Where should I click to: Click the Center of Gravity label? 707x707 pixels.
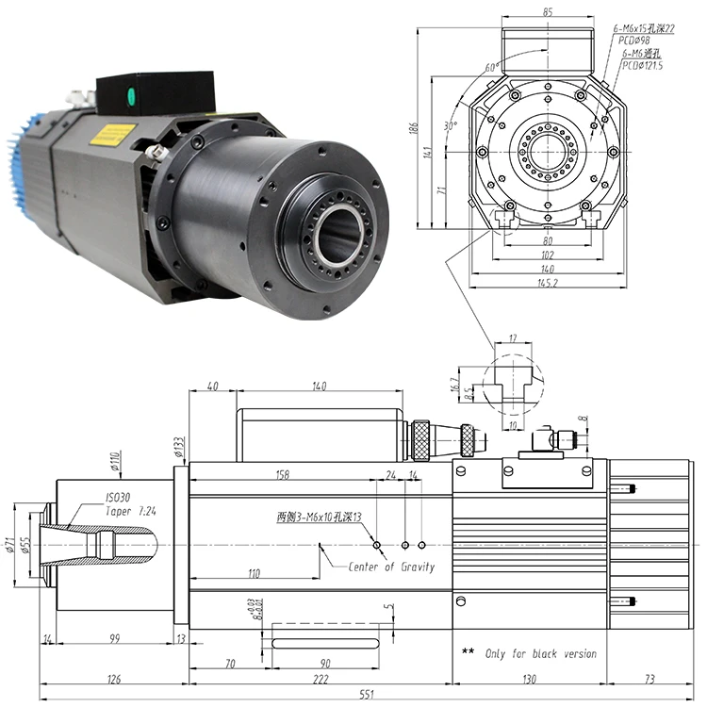(x=391, y=567)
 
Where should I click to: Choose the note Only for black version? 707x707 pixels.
(x=540, y=653)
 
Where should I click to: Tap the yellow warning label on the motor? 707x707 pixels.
(x=111, y=135)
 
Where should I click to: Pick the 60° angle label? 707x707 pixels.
(x=489, y=68)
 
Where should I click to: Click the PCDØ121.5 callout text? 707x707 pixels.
(x=642, y=66)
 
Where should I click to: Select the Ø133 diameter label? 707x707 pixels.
(x=178, y=444)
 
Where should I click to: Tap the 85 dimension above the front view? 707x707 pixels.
(x=547, y=12)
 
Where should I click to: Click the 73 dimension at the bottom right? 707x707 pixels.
(x=649, y=679)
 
